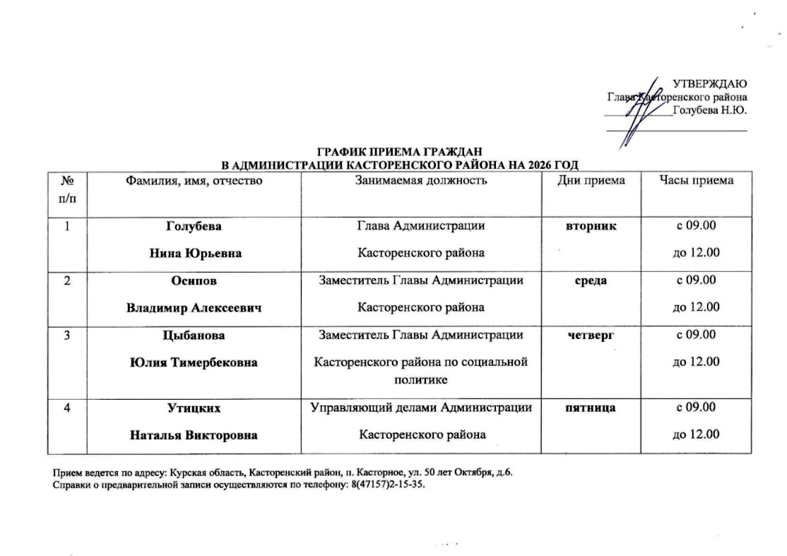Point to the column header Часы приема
(696, 181)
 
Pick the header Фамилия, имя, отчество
(194, 181)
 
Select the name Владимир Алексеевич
(193, 307)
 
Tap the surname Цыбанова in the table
(193, 335)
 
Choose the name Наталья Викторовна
(193, 435)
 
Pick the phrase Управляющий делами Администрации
(422, 408)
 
